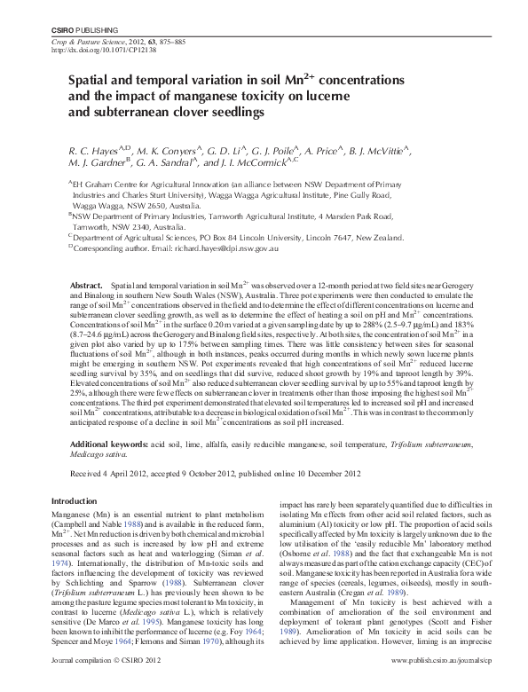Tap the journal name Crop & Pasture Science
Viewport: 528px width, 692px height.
[82, 43]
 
